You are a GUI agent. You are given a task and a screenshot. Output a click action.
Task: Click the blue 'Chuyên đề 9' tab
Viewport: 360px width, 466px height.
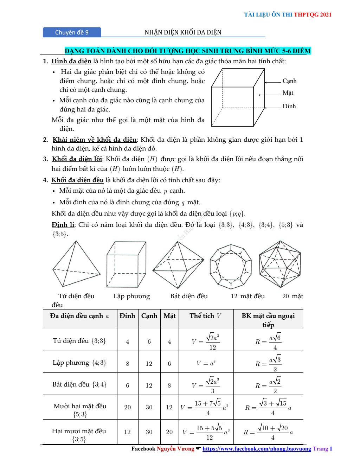pyautogui.click(x=72, y=32)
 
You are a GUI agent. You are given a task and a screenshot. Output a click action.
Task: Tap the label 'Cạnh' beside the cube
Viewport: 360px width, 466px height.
pyautogui.click(x=289, y=81)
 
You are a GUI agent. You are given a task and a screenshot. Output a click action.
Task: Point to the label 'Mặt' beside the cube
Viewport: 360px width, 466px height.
pyautogui.click(x=288, y=93)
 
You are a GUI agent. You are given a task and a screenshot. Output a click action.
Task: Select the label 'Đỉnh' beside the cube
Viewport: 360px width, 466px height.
pyautogui.click(x=289, y=106)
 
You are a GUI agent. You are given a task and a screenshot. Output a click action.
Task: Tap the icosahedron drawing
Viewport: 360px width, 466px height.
pyautogui.click(x=280, y=264)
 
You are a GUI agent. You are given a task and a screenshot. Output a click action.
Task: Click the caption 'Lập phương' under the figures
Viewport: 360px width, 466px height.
pyautogui.click(x=131, y=296)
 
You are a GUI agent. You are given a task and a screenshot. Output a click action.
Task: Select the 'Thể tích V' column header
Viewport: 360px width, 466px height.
pyautogui.click(x=205, y=316)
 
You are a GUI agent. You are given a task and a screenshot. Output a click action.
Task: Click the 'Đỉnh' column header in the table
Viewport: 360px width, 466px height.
pyautogui.click(x=127, y=316)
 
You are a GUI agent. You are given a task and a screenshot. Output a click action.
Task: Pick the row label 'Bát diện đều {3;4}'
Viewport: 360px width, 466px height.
pyautogui.click(x=79, y=384)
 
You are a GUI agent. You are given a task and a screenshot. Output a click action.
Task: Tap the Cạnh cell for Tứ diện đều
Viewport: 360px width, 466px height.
pyautogui.click(x=149, y=341)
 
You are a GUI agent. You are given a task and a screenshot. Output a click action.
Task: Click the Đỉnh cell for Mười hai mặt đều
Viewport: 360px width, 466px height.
pyautogui.click(x=127, y=407)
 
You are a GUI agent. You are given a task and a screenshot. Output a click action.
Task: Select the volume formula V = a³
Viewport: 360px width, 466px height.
pyautogui.click(x=206, y=363)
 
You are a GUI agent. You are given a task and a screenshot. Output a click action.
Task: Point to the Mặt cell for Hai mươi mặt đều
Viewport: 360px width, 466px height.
pyautogui.click(x=169, y=432)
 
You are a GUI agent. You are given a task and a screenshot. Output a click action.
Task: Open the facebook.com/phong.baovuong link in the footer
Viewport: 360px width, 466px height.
pyautogui.click(x=257, y=449)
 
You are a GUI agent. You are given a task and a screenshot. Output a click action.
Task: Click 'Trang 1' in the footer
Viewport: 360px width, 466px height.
pyautogui.click(x=322, y=449)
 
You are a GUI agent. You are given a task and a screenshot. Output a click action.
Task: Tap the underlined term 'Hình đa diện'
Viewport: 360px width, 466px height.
pyautogui.click(x=71, y=61)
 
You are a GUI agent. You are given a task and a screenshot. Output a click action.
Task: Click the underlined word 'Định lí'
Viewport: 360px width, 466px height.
pyautogui.click(x=63, y=225)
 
